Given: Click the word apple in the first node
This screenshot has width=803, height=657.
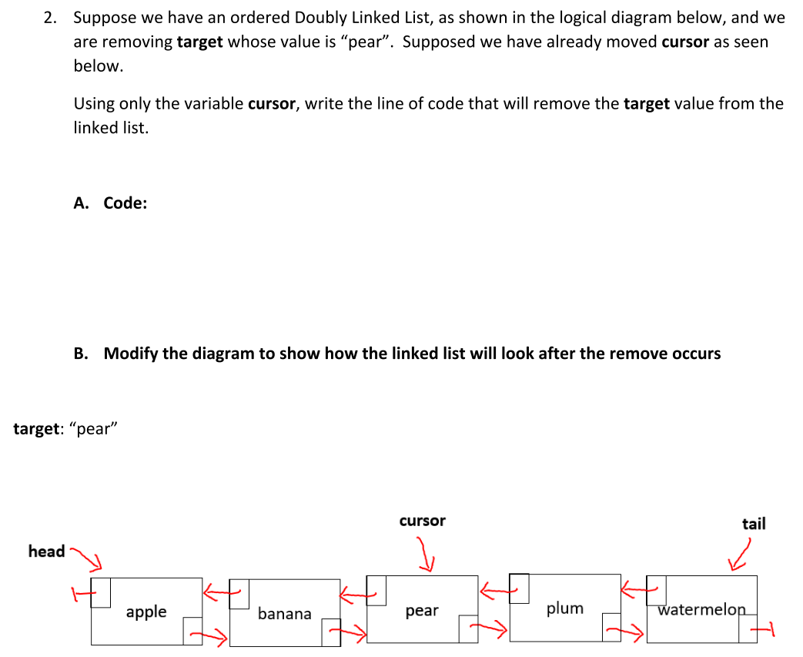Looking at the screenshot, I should pyautogui.click(x=146, y=612).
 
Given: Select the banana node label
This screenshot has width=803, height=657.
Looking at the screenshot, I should pyautogui.click(x=284, y=614).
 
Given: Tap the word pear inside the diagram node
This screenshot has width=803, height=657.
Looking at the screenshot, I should pyautogui.click(x=422, y=611).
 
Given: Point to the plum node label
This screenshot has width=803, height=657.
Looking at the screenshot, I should pyautogui.click(x=565, y=608).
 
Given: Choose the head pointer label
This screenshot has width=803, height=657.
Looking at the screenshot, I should pyautogui.click(x=46, y=551).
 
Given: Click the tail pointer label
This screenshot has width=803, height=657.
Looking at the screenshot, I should pyautogui.click(x=754, y=524).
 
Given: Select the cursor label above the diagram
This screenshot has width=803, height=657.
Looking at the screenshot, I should pyautogui.click(x=422, y=521).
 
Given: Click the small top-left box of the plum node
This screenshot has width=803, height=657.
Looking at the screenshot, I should pyautogui.click(x=520, y=588).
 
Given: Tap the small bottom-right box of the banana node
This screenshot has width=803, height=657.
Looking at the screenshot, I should pyautogui.click(x=331, y=631).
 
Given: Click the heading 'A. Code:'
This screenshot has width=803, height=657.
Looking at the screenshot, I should pyautogui.click(x=110, y=203).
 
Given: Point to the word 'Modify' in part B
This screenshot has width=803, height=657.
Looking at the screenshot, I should pyautogui.click(x=130, y=354).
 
